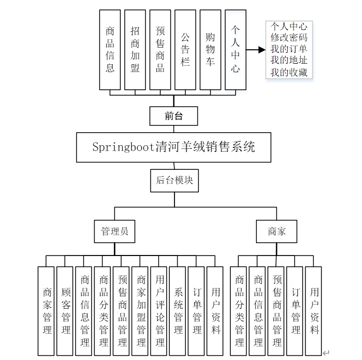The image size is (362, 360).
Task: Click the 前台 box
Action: coord(173,116)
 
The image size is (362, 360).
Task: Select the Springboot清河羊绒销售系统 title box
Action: coord(173,147)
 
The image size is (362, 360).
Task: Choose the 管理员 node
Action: coord(114,231)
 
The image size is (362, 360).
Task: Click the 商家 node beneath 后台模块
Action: coord(276,231)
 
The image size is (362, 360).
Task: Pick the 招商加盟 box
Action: coord(135,50)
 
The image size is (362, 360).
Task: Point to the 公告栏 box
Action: coord(185,50)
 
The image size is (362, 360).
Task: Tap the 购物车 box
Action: coord(211,50)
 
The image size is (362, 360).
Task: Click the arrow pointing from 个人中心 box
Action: coord(255,50)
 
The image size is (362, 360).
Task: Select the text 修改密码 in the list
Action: coord(289,38)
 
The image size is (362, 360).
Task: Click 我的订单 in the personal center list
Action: coord(289,49)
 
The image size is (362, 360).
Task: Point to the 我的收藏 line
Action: coord(289,72)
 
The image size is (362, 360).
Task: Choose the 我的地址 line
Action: coord(289,61)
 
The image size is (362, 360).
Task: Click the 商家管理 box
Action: coord(46,311)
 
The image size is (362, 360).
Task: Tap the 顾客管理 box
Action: coord(65,311)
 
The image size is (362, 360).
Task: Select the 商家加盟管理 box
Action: coord(141,311)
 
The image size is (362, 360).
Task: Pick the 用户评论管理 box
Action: coord(159,311)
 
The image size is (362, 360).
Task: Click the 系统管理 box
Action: coord(178,311)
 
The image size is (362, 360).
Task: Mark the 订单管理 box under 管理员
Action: coord(197,311)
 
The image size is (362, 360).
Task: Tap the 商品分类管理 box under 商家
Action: coord(239,311)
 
